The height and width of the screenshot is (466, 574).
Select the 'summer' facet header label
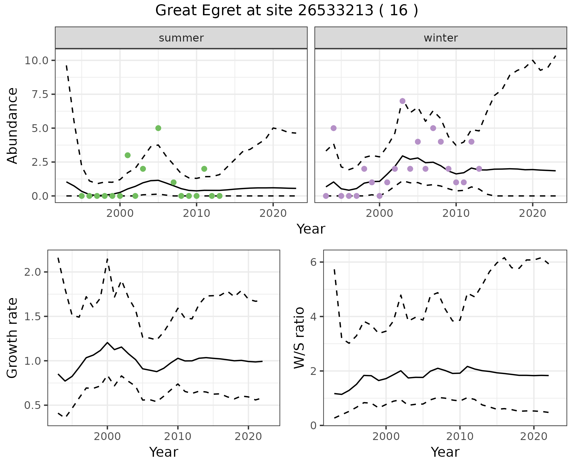[x=181, y=38]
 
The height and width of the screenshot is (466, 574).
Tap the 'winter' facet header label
[x=441, y=38]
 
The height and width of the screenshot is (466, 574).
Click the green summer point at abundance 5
[x=158, y=128]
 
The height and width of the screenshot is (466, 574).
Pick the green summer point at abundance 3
[x=128, y=155]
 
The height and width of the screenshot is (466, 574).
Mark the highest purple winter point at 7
[x=402, y=101]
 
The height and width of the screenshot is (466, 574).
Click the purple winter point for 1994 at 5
[x=334, y=128]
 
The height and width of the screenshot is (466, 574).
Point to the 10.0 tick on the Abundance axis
[x=36, y=60]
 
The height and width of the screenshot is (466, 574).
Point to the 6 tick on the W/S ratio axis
[x=313, y=262]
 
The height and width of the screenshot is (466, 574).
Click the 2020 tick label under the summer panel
[x=273, y=213]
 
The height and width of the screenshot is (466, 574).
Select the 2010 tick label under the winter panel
[x=456, y=213]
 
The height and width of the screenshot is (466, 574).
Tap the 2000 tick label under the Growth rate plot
[x=107, y=436]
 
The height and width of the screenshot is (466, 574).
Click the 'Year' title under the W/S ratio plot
[x=445, y=452]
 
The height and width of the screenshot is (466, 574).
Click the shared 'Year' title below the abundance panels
[x=311, y=229]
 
